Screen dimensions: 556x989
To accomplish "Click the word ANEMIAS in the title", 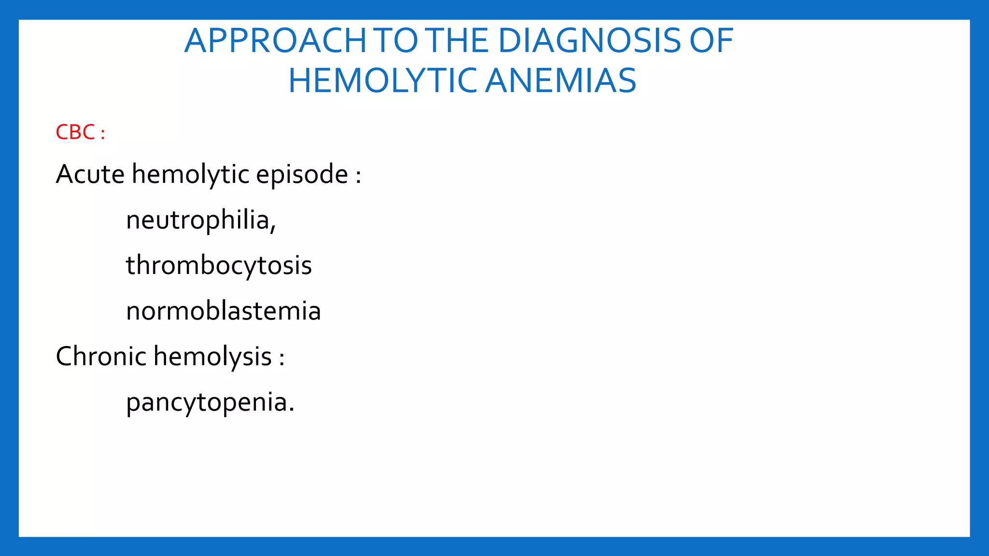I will (561, 81).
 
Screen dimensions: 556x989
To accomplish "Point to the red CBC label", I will (75, 132).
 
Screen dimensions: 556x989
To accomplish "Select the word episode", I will (302, 175).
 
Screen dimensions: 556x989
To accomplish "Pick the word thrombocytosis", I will (219, 266).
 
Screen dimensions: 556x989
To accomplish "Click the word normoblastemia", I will (223, 311).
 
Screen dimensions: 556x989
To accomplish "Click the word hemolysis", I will (212, 357).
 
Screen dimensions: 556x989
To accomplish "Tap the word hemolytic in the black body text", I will (191, 175).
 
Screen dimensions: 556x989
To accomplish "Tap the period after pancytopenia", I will (291, 410).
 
